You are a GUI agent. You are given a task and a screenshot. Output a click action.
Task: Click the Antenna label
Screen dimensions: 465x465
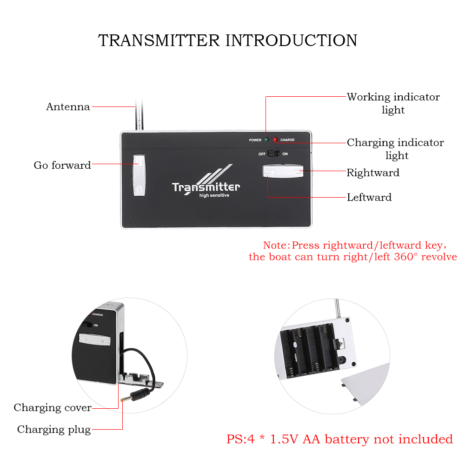68,107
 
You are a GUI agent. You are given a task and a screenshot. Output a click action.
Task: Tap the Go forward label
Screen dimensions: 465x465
62,165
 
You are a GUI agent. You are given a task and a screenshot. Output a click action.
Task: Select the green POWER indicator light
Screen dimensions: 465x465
266,139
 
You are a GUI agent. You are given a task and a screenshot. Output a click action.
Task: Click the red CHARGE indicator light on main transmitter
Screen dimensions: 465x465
275,139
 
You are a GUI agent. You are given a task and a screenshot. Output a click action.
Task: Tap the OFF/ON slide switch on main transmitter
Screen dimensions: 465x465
274,153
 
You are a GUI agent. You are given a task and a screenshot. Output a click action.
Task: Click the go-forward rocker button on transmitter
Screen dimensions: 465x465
139,175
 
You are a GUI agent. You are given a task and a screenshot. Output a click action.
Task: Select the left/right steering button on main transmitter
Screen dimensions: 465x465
283,172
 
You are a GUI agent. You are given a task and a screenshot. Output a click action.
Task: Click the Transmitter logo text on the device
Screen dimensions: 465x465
206,187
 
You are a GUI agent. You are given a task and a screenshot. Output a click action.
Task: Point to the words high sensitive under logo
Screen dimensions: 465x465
214,195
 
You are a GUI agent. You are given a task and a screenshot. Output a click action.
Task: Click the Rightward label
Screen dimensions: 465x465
373,173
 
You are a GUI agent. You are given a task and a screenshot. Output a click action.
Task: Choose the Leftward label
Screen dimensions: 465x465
369,197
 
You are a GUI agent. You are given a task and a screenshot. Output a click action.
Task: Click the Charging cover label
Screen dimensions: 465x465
53,408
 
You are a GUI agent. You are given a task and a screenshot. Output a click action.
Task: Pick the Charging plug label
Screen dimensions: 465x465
54,429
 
